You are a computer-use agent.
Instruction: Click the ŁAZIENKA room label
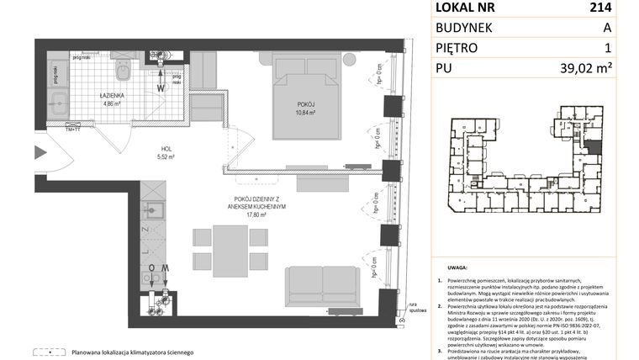click(x=111, y=96)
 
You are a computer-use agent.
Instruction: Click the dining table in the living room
click(x=224, y=246)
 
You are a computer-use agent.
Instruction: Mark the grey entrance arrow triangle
click(x=40, y=153)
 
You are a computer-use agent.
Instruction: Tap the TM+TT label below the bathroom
click(x=62, y=128)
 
